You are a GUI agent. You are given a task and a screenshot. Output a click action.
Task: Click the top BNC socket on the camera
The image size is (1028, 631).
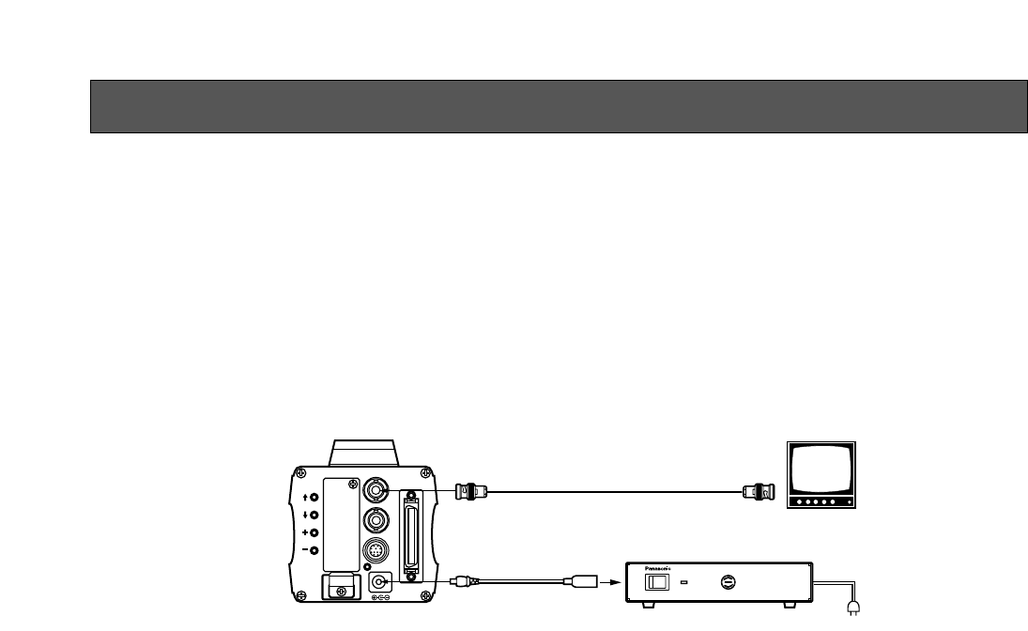pyautogui.click(x=378, y=490)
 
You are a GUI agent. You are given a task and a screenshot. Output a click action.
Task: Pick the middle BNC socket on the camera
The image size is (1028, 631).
pyautogui.click(x=378, y=520)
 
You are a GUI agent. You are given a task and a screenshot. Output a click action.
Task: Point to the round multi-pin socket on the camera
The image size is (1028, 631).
pyautogui.click(x=378, y=552)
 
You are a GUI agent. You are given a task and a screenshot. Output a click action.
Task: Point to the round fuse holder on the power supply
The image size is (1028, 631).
pyautogui.click(x=727, y=583)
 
